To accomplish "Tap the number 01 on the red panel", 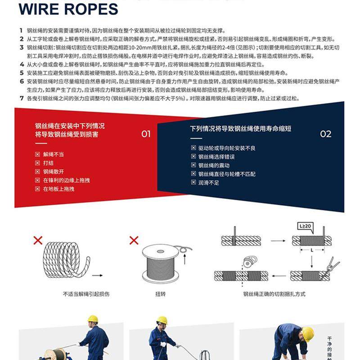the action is click(x=146, y=134).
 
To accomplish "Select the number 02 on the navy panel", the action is click(x=325, y=134).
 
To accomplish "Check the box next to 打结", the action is click(x=38, y=163).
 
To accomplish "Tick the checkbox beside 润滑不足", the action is click(x=193, y=183).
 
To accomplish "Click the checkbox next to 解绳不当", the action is click(x=38, y=154).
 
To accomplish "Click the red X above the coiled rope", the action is click(x=38, y=240).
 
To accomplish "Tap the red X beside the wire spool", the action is click(x=134, y=240).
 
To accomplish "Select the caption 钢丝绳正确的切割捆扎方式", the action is click(x=274, y=294).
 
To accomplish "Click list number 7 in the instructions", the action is click(x=21, y=99).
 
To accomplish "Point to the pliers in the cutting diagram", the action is click(x=333, y=265).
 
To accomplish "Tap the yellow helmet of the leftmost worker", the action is click(x=93, y=319).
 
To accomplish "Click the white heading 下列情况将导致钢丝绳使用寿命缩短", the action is click(x=240, y=129).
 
